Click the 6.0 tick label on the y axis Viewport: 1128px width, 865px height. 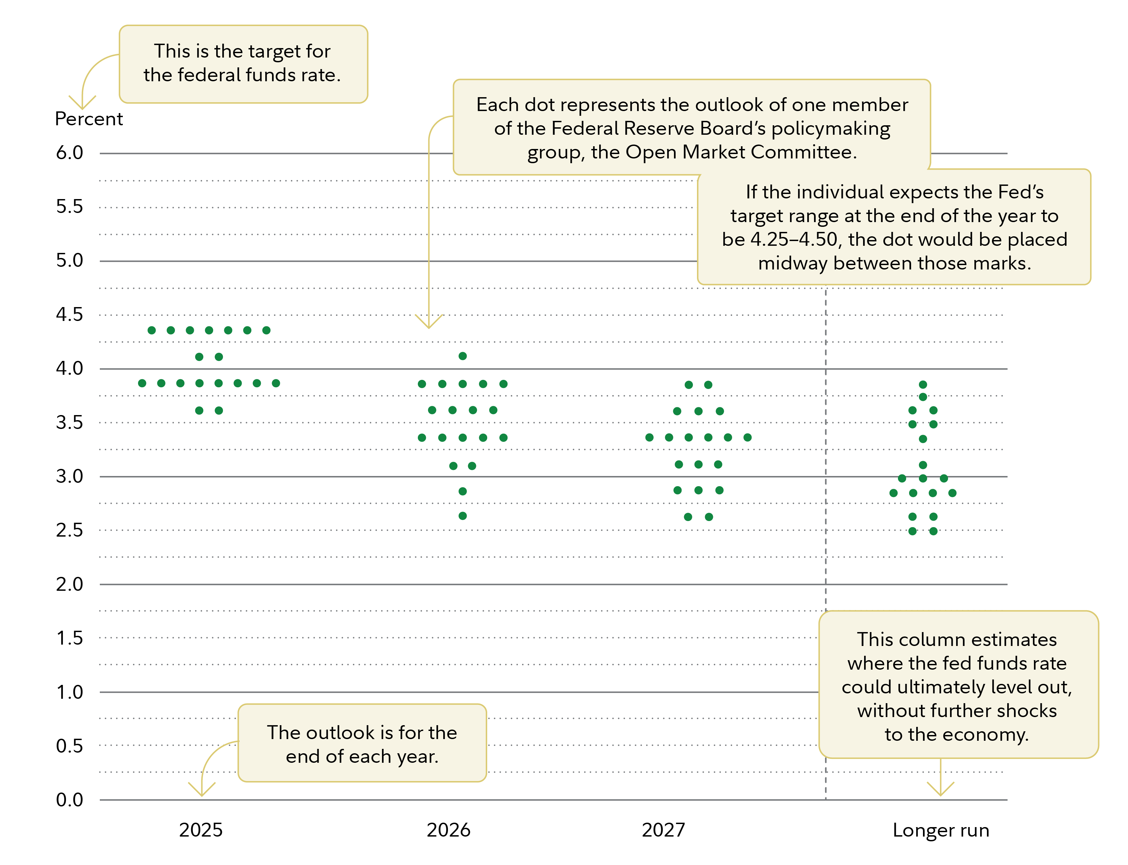69,153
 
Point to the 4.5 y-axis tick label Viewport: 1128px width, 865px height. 69,315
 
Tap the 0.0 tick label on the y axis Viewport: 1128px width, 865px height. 69,800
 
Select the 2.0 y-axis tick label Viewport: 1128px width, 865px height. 69,584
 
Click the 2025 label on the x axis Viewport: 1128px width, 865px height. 201,830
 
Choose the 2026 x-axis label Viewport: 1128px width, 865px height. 448,830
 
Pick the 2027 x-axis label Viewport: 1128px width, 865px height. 663,830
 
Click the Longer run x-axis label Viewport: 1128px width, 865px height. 941,830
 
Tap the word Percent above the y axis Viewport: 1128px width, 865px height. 89,119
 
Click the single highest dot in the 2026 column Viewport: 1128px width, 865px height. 463,356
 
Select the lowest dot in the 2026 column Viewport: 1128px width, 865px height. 463,516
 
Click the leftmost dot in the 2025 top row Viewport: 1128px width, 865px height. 152,330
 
